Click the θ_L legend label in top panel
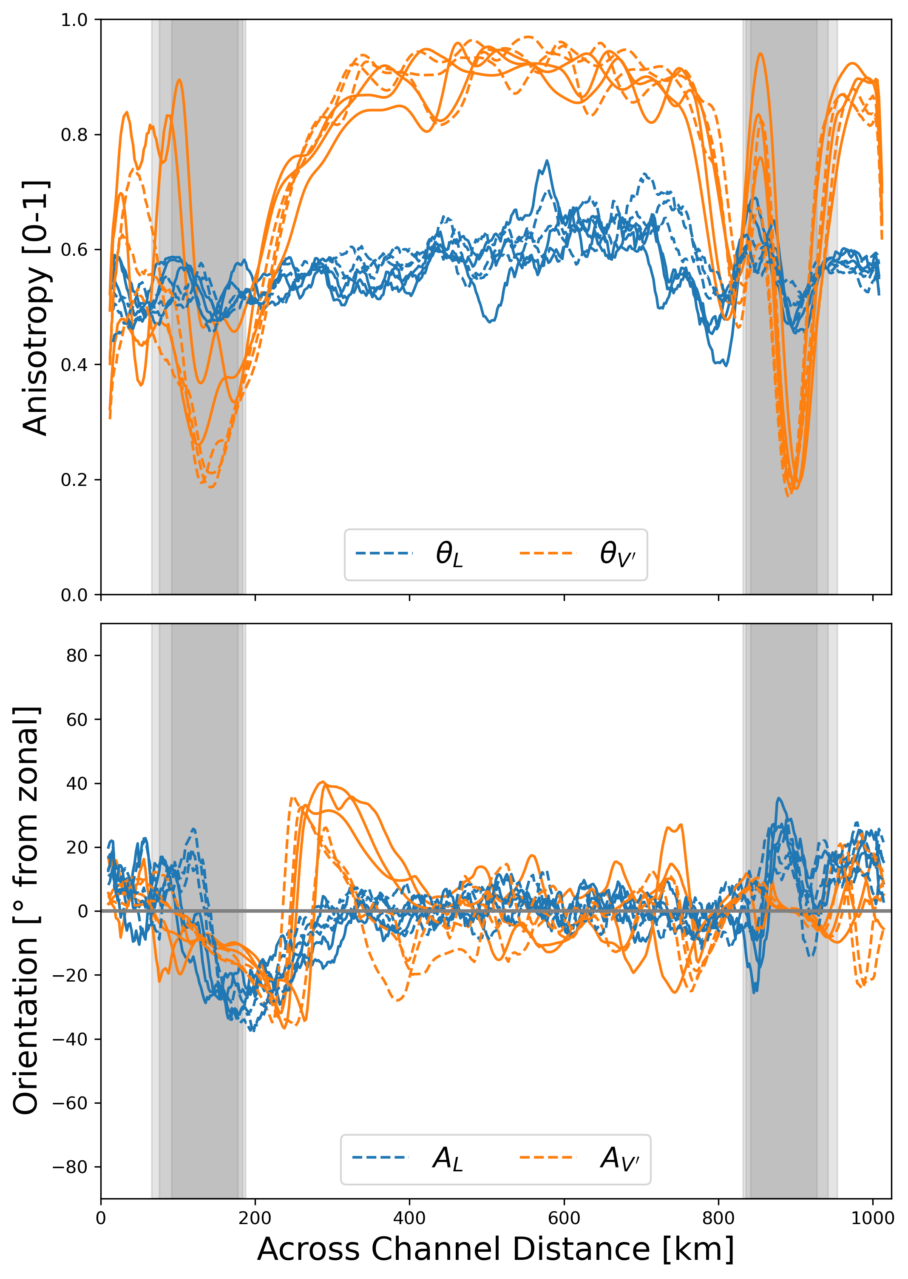(449, 554)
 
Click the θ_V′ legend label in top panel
(617, 554)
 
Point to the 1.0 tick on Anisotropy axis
(74, 20)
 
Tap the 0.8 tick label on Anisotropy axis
(74, 135)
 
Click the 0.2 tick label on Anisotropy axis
(74, 480)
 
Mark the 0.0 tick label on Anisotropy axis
(74, 595)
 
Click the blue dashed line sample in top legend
(384, 553)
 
